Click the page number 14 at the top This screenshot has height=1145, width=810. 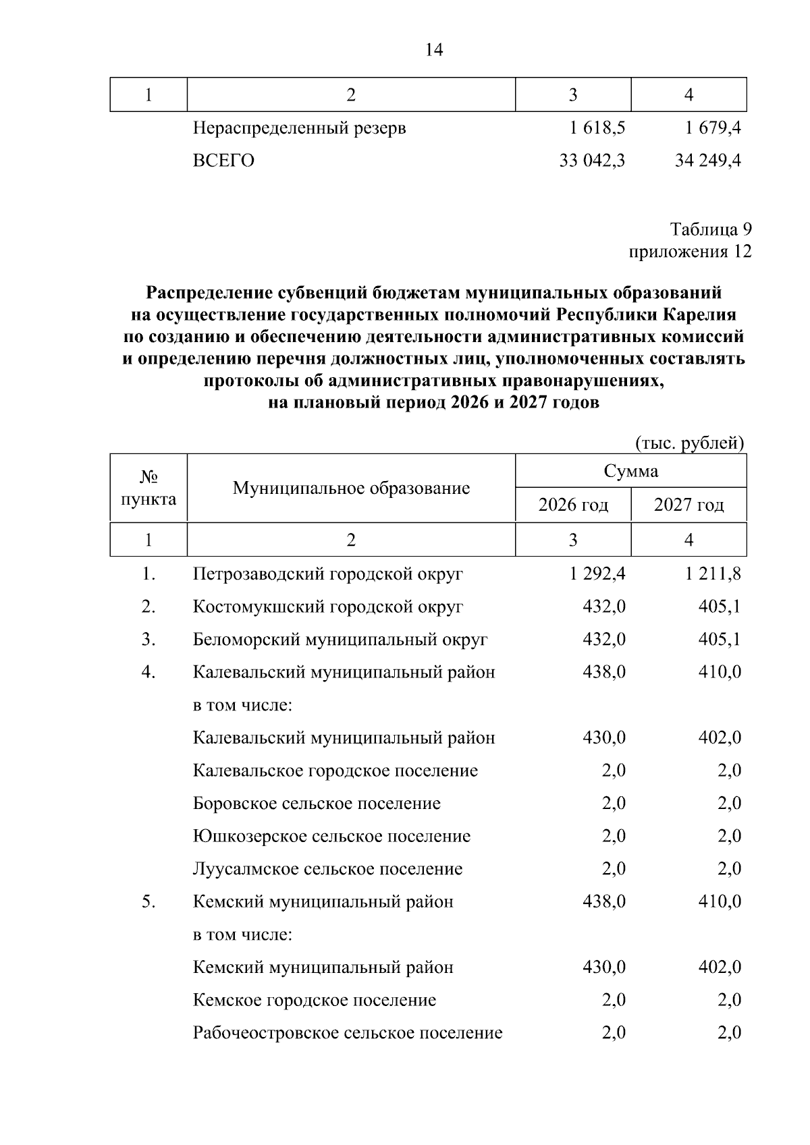click(434, 50)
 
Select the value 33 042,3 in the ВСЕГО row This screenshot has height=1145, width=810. click(592, 161)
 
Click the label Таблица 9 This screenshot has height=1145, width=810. click(710, 229)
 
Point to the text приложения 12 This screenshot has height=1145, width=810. click(689, 252)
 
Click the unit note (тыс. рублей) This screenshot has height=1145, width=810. click(689, 443)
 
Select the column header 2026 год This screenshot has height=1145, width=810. click(573, 505)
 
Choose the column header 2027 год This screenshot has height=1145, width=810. click(688, 505)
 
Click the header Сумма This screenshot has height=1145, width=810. click(630, 470)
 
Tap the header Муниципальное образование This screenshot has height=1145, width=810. click(351, 488)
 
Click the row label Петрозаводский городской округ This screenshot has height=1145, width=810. click(328, 574)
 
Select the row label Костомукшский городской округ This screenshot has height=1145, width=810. click(328, 607)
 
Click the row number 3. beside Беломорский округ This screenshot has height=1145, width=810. click(148, 639)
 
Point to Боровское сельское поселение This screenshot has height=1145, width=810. click(317, 804)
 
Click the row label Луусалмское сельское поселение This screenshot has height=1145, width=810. click(328, 869)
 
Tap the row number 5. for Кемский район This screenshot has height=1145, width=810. click(148, 901)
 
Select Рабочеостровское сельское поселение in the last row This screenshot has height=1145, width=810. click(348, 1033)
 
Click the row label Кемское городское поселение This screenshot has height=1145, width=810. click(315, 1000)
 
